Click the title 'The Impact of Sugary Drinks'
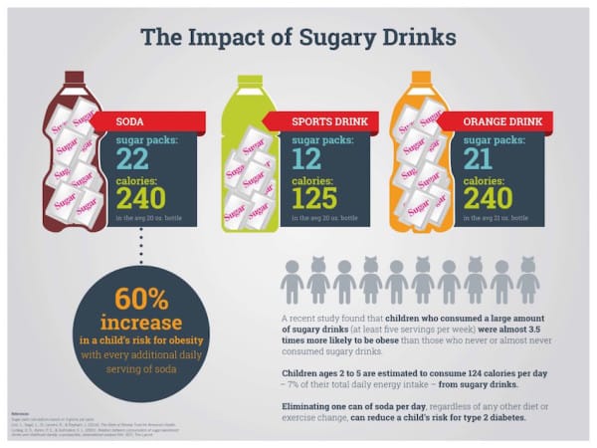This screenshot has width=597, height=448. click(298, 37)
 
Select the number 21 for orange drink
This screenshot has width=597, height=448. click(481, 160)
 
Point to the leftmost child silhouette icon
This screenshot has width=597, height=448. click(292, 282)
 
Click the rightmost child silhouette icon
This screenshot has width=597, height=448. click(528, 282)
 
